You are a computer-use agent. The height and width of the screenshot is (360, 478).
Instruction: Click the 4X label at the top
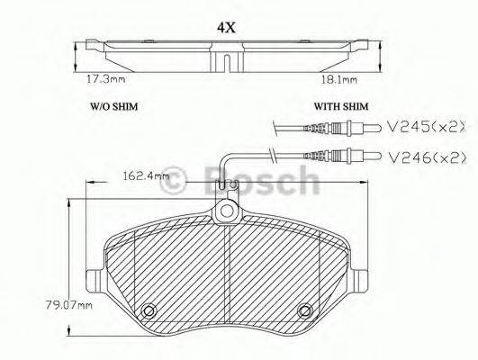[x=226, y=27]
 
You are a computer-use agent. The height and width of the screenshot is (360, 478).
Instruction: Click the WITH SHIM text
[x=338, y=105]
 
